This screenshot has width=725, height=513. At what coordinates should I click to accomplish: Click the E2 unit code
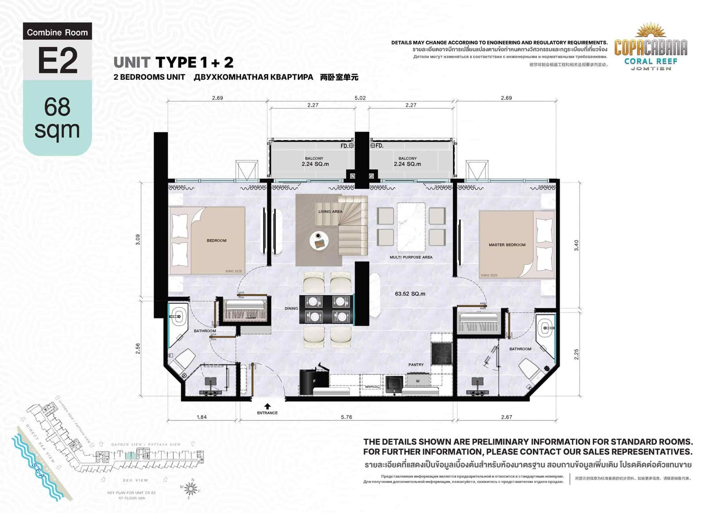58,61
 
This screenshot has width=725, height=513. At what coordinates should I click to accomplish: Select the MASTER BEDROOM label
507,245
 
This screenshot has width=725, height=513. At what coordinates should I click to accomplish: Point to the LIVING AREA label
330,212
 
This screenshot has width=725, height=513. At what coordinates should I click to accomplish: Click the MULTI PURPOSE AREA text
411,257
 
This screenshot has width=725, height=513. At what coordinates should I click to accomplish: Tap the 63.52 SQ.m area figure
410,294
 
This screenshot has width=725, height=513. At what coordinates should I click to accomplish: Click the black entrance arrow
267,406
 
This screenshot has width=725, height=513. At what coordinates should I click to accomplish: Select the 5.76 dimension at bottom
346,417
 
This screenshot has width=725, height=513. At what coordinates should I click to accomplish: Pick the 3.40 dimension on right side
576,245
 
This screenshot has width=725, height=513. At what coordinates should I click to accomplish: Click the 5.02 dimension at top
360,98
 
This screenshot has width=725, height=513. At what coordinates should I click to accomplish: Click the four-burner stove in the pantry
441,353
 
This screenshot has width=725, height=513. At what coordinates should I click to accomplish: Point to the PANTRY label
416,365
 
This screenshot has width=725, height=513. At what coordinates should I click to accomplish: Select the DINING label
291,308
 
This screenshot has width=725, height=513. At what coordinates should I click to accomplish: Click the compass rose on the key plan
191,489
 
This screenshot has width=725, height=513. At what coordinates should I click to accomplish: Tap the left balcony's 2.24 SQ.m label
315,164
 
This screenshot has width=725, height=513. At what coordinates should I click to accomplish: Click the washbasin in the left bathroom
178,314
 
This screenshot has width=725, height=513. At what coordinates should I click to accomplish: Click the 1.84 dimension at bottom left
202,417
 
